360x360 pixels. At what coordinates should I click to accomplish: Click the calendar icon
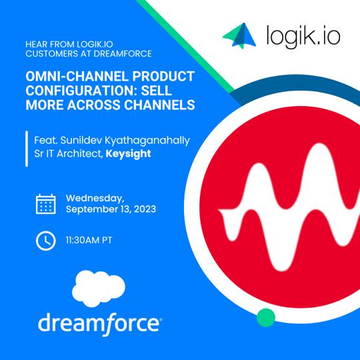pos(45,203)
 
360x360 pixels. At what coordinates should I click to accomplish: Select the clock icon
pos(45,241)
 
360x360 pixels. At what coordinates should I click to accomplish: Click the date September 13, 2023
pos(111,209)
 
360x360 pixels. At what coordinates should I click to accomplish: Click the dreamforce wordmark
pos(99,324)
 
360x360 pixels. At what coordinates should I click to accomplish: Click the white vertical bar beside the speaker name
pos(26,146)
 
